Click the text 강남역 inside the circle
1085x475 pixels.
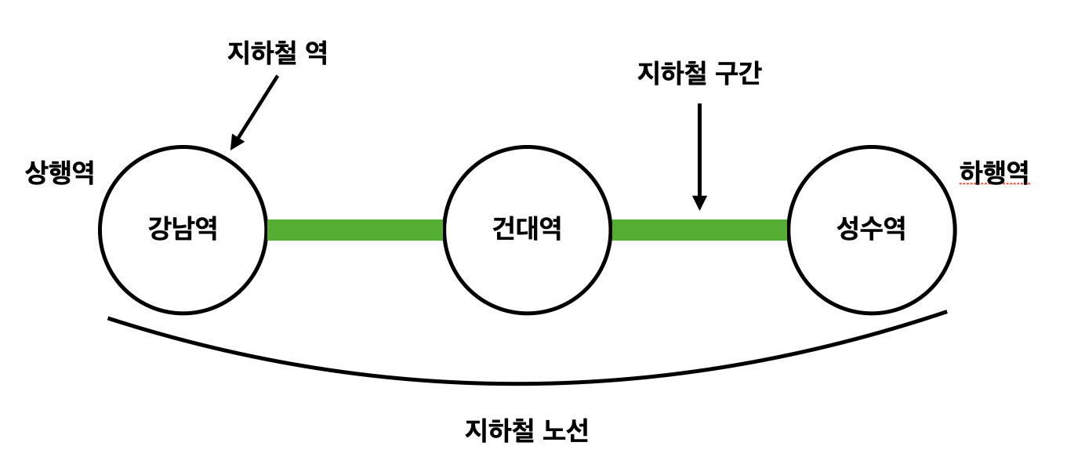pyautogui.click(x=183, y=230)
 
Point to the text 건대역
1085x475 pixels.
pyautogui.click(x=526, y=230)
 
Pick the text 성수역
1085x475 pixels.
pyautogui.click(x=871, y=230)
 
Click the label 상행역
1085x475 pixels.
pyautogui.click(x=60, y=172)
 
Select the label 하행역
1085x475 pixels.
pyautogui.click(x=994, y=172)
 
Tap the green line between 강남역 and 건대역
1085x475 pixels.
pyautogui.click(x=355, y=230)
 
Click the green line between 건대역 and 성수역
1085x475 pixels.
pyautogui.click(x=699, y=230)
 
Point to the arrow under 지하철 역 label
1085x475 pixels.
pyautogui.click(x=256, y=110)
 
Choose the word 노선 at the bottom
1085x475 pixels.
pyautogui.click(x=565, y=430)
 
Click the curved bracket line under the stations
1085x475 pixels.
pyautogui.click(x=517, y=383)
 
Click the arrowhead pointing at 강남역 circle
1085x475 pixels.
pyautogui.click(x=236, y=142)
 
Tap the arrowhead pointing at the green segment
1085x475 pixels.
pyautogui.click(x=699, y=203)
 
